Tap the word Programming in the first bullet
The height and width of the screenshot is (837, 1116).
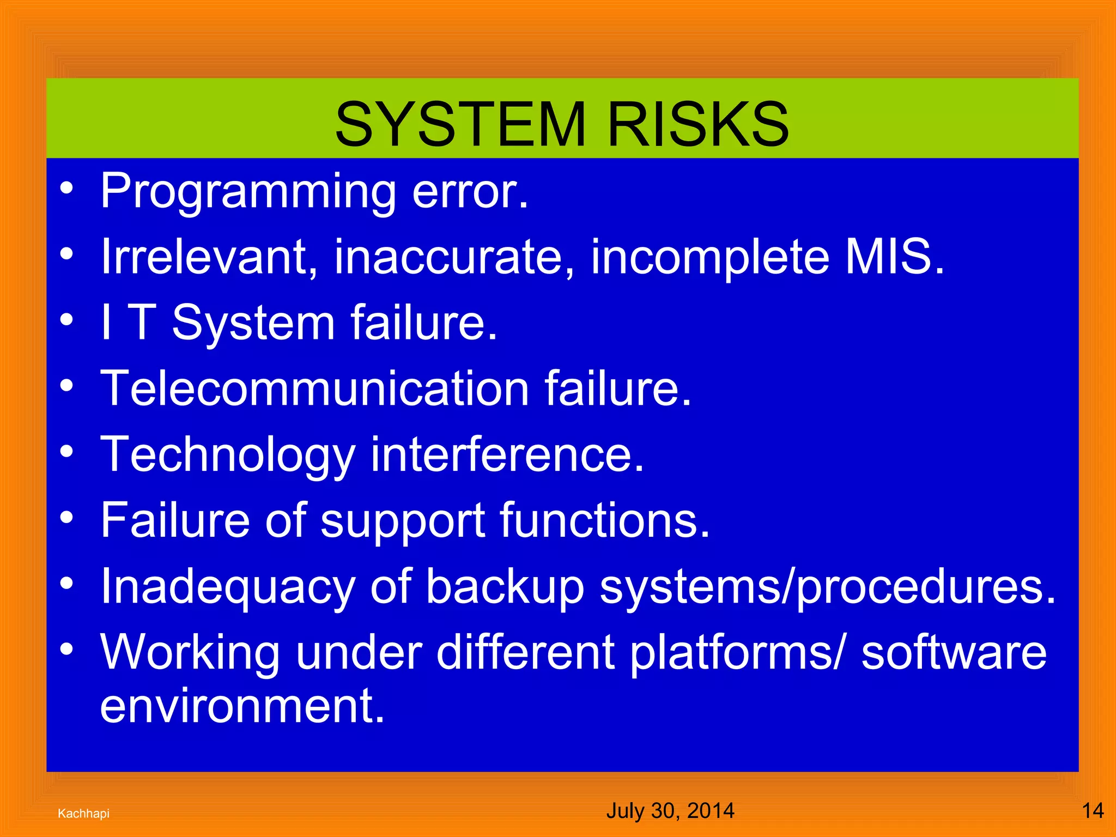point(248,192)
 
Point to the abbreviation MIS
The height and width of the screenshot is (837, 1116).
point(894,257)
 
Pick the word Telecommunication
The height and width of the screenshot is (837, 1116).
point(314,389)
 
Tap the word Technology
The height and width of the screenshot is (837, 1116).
point(228,455)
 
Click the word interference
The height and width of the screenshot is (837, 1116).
point(507,455)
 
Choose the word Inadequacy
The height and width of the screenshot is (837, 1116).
point(228,587)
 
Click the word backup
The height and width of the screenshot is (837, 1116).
point(505,587)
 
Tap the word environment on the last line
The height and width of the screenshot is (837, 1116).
point(242,706)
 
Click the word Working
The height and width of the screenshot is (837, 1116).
point(190,653)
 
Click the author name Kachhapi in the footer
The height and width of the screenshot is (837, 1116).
point(83,814)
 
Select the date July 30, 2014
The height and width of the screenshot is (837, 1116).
point(670,811)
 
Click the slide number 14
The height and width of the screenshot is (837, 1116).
point(1093,811)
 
